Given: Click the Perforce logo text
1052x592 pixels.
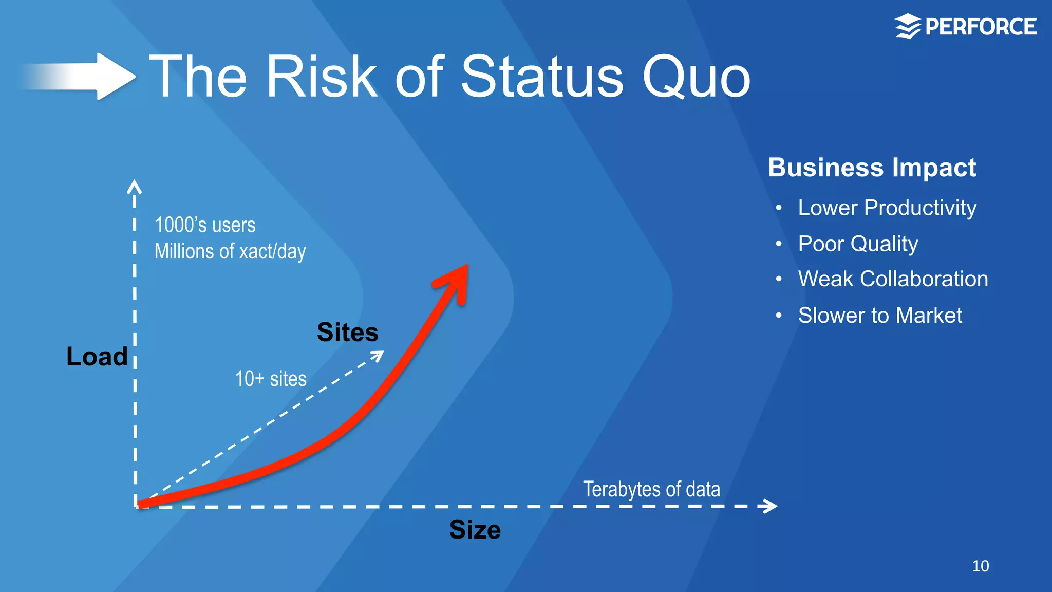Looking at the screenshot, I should point(980,27).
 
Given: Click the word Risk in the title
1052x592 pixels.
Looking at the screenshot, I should point(322,77).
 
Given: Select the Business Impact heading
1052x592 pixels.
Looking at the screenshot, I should point(872,168).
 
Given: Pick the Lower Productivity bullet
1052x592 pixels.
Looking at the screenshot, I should point(887,208).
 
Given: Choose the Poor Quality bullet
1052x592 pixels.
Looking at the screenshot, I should point(857,244).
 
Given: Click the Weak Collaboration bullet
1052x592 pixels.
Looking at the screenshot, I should point(893,279).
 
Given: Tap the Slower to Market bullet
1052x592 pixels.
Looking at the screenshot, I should point(879,315).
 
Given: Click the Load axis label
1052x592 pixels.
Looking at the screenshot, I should point(97,356).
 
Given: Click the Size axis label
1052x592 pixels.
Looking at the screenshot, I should point(475,529).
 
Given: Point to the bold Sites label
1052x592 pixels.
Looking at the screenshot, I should point(347,332).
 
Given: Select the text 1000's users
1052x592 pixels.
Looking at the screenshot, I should point(205,225).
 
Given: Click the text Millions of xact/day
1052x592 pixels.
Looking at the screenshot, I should point(230,251).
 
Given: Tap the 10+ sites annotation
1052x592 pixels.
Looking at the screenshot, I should point(271,379).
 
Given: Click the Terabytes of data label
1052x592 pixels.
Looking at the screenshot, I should point(651,489).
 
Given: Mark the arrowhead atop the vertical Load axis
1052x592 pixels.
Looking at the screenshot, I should point(134,186).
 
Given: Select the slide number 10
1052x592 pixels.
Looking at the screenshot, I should point(980,566).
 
